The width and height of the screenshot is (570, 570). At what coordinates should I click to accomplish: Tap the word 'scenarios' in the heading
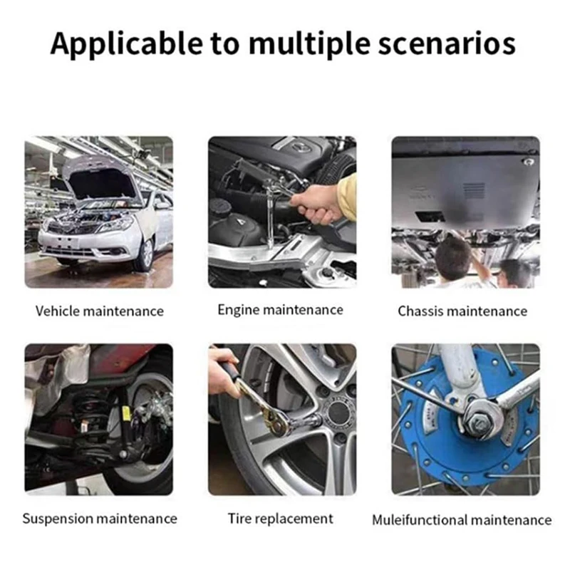[x=447, y=44]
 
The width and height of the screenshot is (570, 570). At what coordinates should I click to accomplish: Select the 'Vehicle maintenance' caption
[x=100, y=311]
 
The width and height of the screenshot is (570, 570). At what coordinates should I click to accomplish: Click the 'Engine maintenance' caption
[x=280, y=310]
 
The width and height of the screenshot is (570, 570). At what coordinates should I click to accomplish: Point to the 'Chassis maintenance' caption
[x=462, y=311]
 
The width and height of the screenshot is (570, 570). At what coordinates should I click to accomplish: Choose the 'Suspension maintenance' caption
[x=100, y=519]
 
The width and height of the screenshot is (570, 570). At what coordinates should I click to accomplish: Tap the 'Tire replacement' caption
[x=280, y=519]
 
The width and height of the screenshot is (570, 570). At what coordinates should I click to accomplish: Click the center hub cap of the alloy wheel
[x=337, y=413]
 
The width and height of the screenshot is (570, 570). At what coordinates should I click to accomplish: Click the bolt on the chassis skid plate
[x=528, y=162]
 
